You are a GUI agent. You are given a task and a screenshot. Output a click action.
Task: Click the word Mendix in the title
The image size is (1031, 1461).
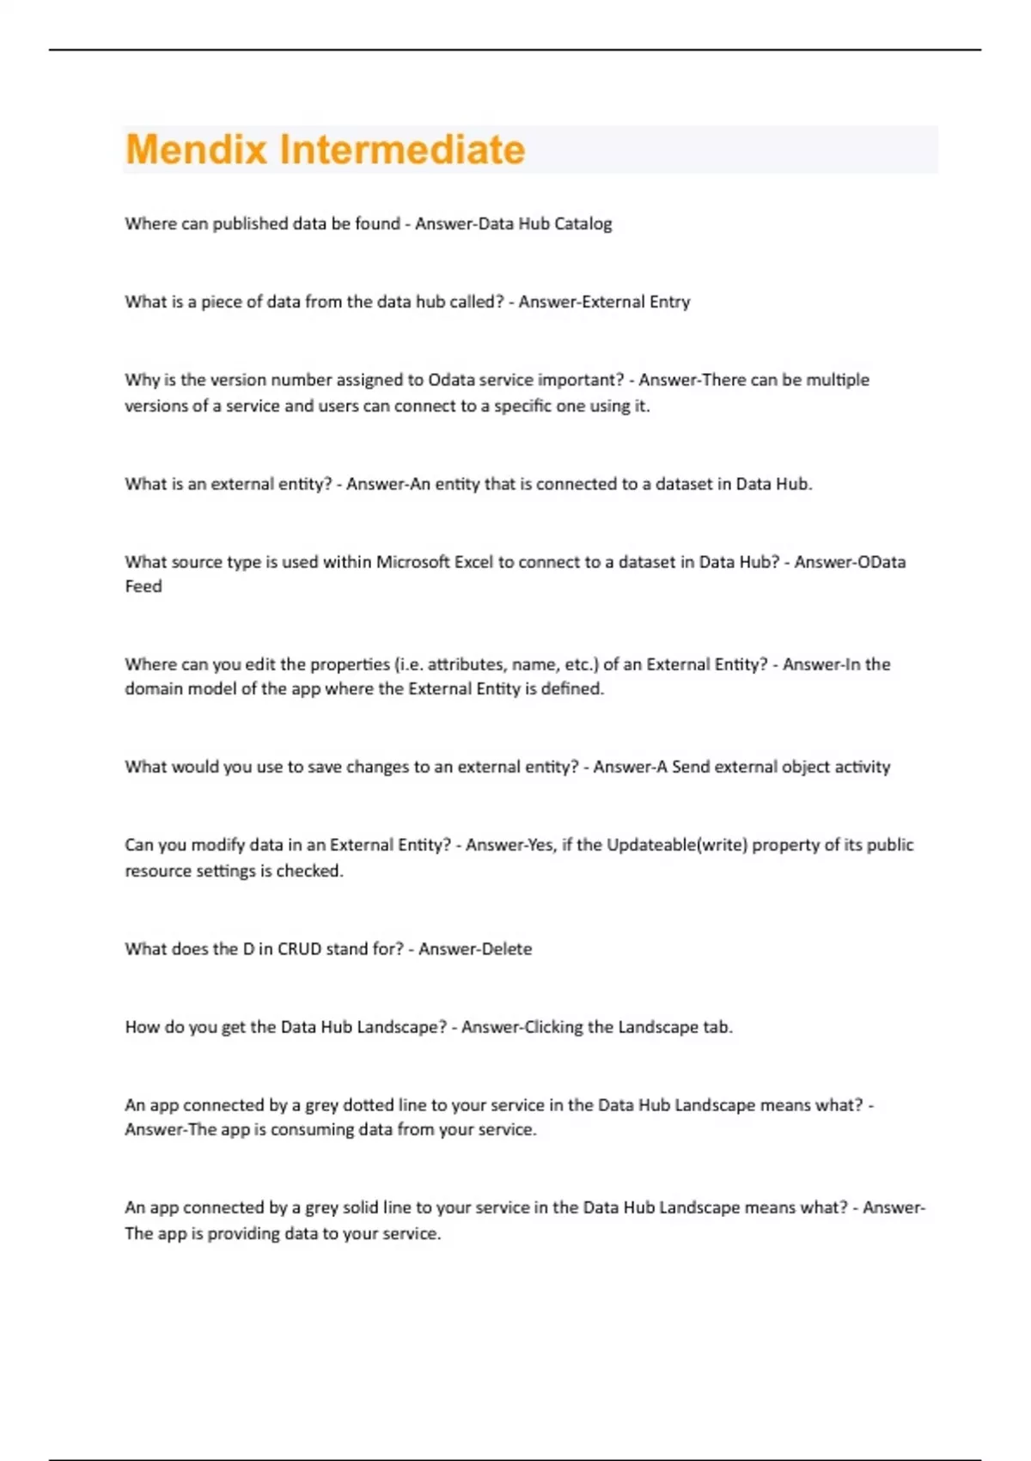point(197,150)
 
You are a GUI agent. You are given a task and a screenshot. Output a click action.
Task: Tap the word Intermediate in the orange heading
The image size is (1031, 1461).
point(402,150)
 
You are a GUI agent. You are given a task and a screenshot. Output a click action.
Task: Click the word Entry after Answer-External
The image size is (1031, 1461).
point(669,302)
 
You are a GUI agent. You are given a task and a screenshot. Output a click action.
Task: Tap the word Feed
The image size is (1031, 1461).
point(143,586)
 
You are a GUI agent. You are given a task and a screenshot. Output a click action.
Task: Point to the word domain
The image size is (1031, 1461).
point(151,688)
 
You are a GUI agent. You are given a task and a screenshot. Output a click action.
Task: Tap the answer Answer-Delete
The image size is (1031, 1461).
point(475,949)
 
